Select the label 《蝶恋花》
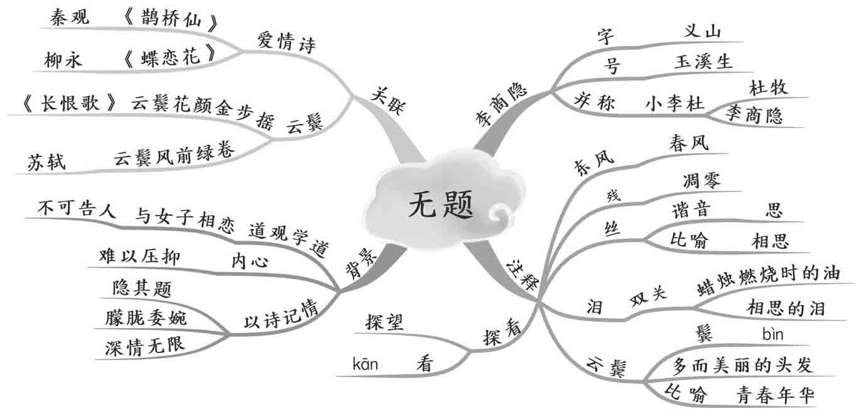tap(170, 57)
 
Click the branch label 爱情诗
tap(286, 42)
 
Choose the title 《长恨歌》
tap(69, 104)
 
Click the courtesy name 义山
tap(703, 31)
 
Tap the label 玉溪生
tap(703, 62)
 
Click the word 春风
tap(689, 143)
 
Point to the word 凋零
tap(702, 180)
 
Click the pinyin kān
tap(366, 363)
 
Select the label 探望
tap(385, 322)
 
